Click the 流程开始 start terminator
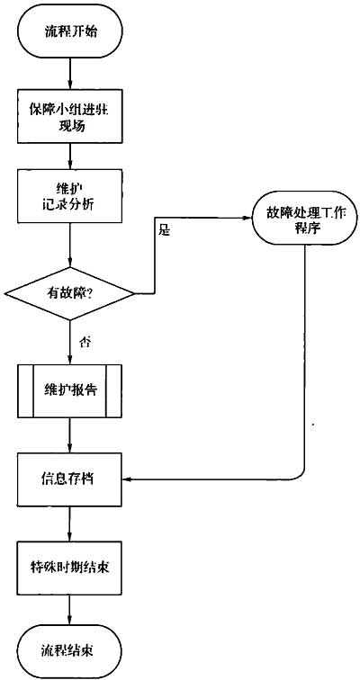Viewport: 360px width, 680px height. [x=69, y=31]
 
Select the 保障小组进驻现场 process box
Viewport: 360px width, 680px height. [x=69, y=117]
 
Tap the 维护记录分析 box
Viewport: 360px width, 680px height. [x=69, y=195]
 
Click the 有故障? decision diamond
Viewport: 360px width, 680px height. [x=69, y=293]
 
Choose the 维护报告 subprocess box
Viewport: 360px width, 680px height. [x=69, y=391]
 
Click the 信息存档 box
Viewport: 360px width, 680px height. [x=69, y=480]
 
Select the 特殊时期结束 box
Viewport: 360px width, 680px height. [x=69, y=568]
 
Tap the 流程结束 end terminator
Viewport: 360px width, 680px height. [x=69, y=651]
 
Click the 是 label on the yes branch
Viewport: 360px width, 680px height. [x=164, y=231]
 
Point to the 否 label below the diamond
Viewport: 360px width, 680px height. [x=84, y=342]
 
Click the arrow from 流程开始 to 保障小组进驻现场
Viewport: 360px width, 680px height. [x=69, y=74]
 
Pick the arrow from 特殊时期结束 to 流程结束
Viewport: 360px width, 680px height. [x=69, y=610]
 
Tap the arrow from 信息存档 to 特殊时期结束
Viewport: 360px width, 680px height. [x=69, y=523]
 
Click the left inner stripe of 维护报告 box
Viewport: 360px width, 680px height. [x=33, y=391]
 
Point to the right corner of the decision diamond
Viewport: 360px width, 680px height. [x=134, y=294]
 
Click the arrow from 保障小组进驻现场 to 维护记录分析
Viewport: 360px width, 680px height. [x=69, y=157]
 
